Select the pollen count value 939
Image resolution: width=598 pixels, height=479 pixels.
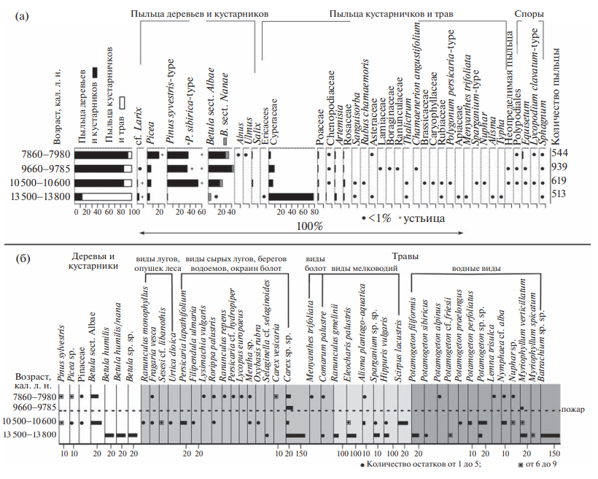(x=560, y=168)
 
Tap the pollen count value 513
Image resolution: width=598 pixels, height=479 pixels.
(x=560, y=195)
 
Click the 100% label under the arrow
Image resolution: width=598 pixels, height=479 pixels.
(x=311, y=226)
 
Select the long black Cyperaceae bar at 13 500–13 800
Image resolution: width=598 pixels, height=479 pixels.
(x=291, y=196)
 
